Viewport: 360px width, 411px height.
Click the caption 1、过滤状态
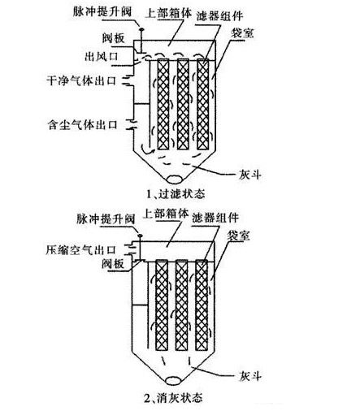pyautogui.click(x=176, y=194)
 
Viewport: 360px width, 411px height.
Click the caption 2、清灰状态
pyautogui.click(x=173, y=397)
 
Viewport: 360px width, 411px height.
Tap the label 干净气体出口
pyautogui.click(x=81, y=81)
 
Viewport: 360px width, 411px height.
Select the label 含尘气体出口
pyautogui.click(x=82, y=125)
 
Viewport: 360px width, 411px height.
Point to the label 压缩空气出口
pyautogui.click(x=80, y=250)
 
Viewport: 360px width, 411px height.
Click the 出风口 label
pyautogui.click(x=102, y=57)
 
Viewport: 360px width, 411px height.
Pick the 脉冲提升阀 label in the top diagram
pyautogui.click(x=102, y=11)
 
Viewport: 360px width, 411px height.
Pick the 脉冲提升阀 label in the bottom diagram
pyautogui.click(x=106, y=218)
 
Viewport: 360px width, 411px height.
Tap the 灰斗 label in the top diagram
pyautogui.click(x=249, y=175)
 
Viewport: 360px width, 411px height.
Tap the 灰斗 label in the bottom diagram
pyautogui.click(x=249, y=376)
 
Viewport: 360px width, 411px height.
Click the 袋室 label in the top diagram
pyautogui.click(x=242, y=33)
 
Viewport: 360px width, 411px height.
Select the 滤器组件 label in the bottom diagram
pyautogui.click(x=215, y=218)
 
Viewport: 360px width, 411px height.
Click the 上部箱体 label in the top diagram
pyautogui.click(x=168, y=13)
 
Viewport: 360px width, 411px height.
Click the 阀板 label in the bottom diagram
pyautogui.click(x=113, y=263)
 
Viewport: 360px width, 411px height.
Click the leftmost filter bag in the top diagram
pyautogui.click(x=163, y=104)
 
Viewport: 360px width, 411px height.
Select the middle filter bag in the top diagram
pyautogui.click(x=183, y=104)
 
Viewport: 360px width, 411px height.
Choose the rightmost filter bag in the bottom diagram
pyautogui.click(x=202, y=305)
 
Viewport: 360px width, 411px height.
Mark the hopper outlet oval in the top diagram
pyautogui.click(x=175, y=180)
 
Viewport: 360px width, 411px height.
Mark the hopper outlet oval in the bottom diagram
pyautogui.click(x=175, y=380)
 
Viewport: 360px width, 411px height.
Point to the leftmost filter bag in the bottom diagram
pyautogui.click(x=162, y=305)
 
